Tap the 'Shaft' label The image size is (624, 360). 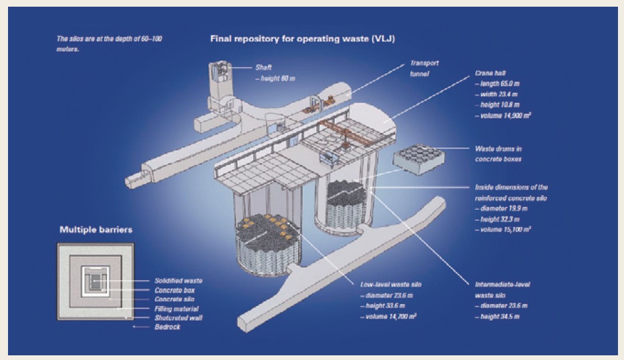tap(263, 67)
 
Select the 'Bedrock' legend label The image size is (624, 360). tap(167, 327)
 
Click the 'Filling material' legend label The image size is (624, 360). tap(176, 308)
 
